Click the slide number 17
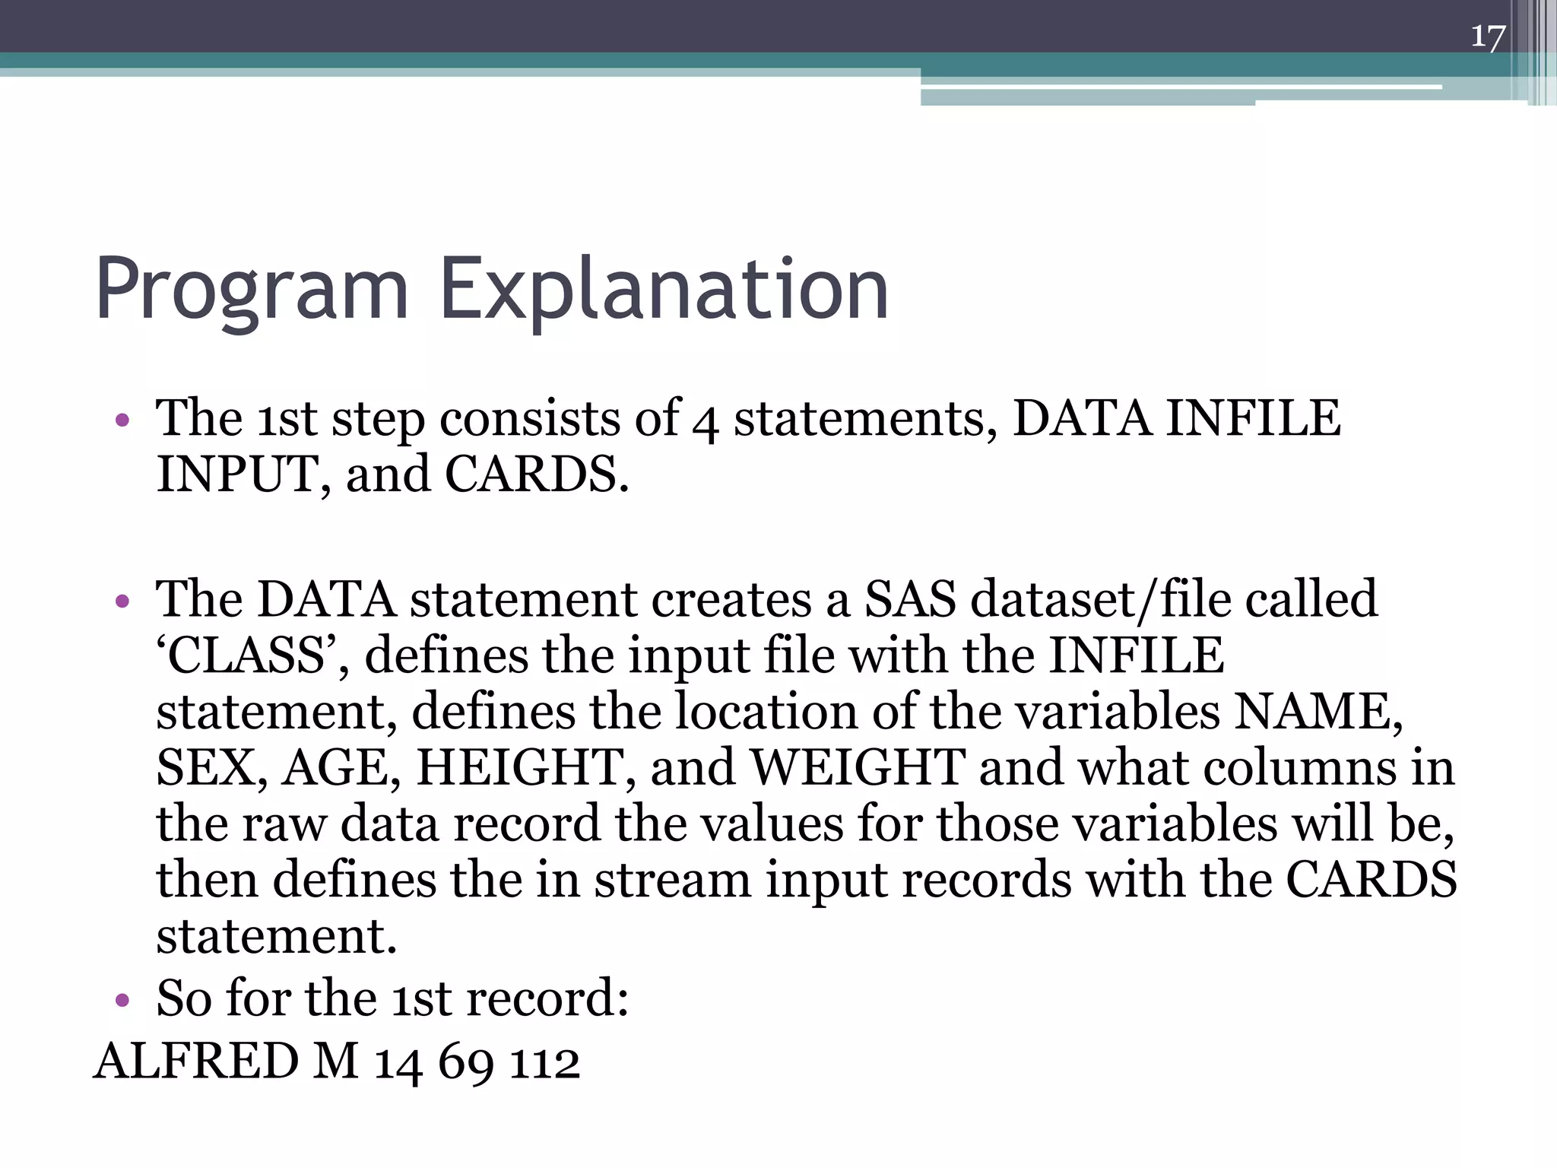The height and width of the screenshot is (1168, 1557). (1487, 36)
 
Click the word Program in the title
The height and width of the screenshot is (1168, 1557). (252, 290)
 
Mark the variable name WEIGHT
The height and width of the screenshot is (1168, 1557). (858, 768)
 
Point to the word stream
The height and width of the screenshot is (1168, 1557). (672, 881)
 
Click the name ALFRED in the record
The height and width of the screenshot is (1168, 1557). (196, 1062)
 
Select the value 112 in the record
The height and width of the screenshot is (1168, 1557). (544, 1063)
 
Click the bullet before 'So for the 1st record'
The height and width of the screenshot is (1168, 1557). (122, 999)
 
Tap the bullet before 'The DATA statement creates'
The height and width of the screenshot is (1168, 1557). (122, 601)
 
